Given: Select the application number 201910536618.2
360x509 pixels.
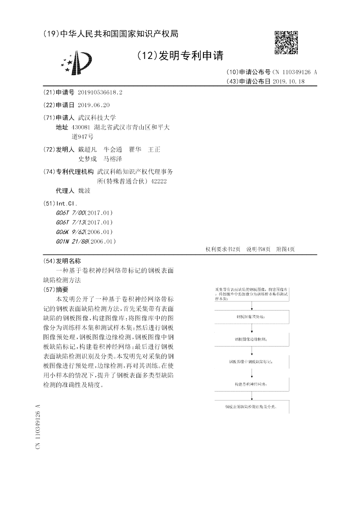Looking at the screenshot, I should (x=100, y=92).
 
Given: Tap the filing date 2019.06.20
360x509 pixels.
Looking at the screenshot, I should (x=94, y=104).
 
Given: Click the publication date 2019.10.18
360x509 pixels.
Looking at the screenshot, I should (x=289, y=81).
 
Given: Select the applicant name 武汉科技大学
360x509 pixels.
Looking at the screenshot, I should (x=97, y=117).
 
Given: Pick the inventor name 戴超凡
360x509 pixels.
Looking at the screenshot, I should (x=87, y=149).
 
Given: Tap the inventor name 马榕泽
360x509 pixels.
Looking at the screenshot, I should (x=113, y=159).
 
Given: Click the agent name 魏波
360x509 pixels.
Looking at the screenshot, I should (x=84, y=191).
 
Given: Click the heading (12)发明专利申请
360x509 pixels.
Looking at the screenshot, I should (x=179, y=55).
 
